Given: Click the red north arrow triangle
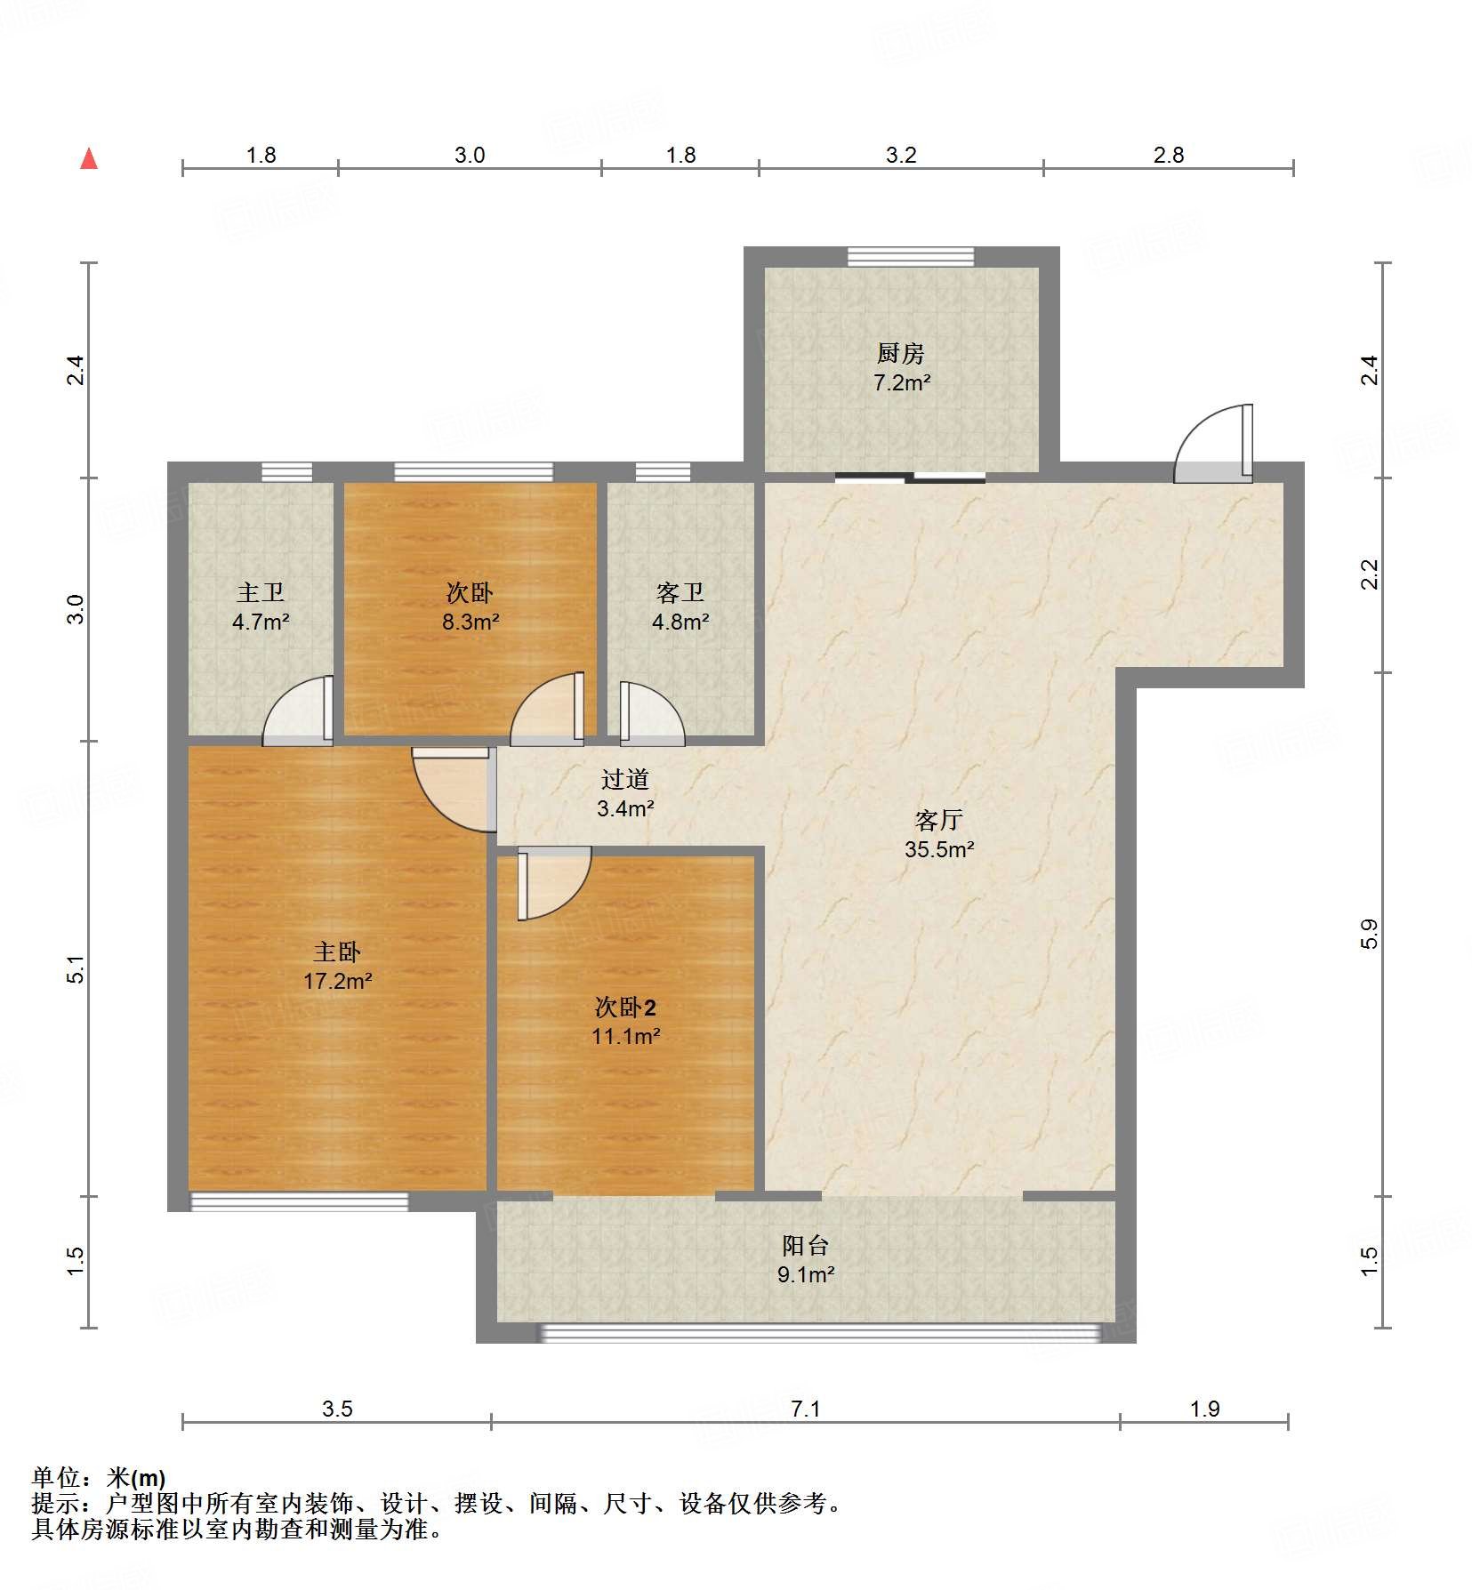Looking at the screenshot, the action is pos(89,158).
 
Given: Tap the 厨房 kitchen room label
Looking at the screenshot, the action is pos(901,354).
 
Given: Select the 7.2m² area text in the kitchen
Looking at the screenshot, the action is pos(902,383).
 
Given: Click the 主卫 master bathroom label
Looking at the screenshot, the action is pos(261,592).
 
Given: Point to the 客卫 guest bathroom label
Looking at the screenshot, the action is pos(680,592).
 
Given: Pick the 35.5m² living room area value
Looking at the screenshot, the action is pos(939,849).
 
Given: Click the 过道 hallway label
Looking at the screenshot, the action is pos(625,780).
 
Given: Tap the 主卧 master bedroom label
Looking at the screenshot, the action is pos(337,952).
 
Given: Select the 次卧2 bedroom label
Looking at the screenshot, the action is pos(625,1008).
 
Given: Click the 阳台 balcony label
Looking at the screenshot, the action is pos(806,1246).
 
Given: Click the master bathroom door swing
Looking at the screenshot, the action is pos(298,711).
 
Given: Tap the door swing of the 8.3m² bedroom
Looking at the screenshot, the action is pos(547,709).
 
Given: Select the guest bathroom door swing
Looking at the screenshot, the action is pos(652,713).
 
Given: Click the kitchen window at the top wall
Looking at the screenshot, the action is pos(911,257).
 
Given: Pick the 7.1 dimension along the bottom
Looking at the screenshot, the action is pos(806,1409).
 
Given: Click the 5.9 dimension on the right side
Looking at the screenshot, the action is pos(1369,935).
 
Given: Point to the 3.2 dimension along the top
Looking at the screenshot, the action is pos(901,156).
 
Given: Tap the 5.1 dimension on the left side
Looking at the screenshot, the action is pos(76,969).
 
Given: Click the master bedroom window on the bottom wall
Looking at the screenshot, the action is pos(300,1202).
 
